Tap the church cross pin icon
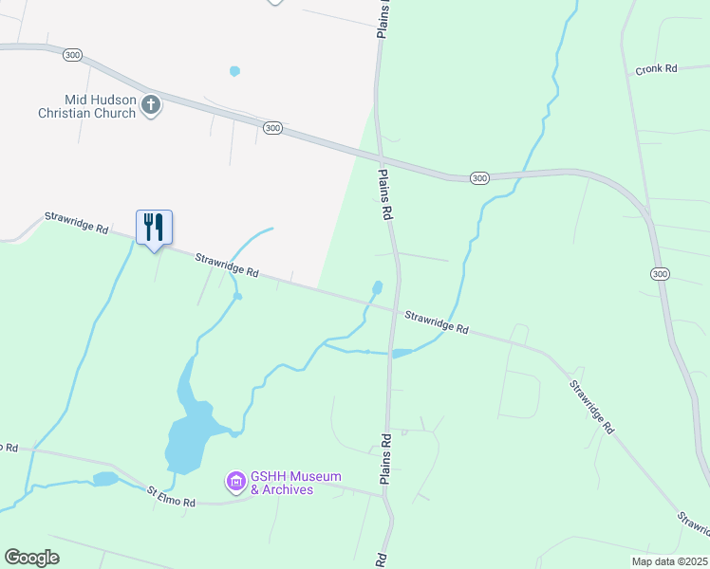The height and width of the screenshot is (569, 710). pyautogui.click(x=151, y=105)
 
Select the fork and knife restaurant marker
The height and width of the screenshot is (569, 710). pyautogui.click(x=154, y=228)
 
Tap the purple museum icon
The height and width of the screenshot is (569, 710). pyautogui.click(x=235, y=483)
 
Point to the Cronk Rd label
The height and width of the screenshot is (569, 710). pyautogui.click(x=656, y=69)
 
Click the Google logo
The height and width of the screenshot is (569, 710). pyautogui.click(x=31, y=558)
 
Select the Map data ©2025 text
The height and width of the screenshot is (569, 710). pyautogui.click(x=669, y=561)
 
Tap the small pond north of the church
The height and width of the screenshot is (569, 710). pyautogui.click(x=234, y=71)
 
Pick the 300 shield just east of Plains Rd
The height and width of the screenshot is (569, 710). pyautogui.click(x=479, y=177)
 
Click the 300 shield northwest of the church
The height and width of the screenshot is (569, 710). pyautogui.click(x=73, y=55)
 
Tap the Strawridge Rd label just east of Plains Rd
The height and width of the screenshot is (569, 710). pyautogui.click(x=437, y=321)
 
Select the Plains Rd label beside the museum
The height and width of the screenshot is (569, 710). pyautogui.click(x=386, y=460)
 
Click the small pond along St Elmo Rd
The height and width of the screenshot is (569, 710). pyautogui.click(x=104, y=479)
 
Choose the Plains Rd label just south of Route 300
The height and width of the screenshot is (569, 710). pyautogui.click(x=385, y=195)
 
